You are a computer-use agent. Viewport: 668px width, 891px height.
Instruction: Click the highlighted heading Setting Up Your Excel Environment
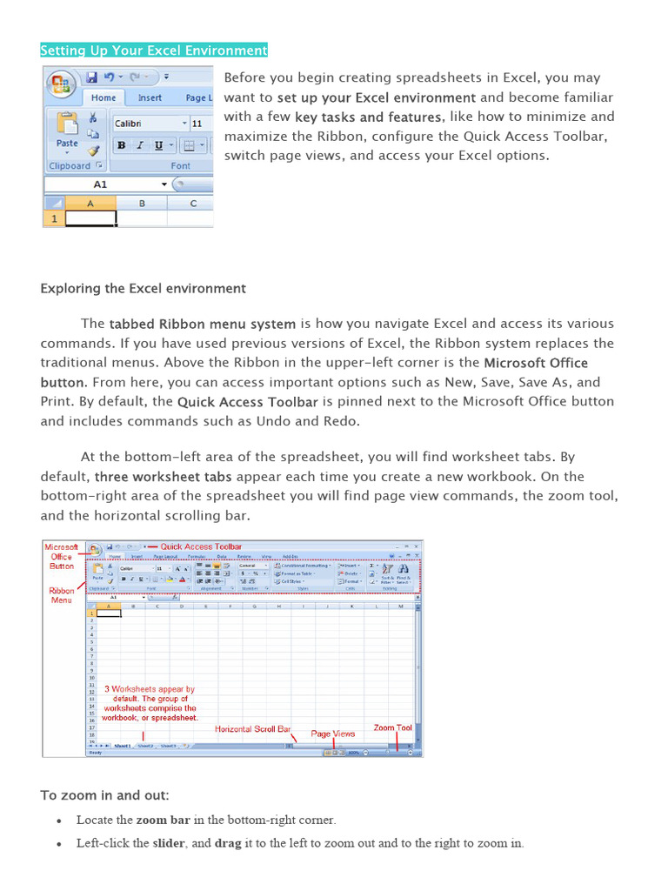pos(154,50)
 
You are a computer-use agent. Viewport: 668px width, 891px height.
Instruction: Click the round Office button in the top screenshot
pos(61,84)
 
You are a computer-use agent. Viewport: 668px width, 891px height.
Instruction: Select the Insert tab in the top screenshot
pos(150,98)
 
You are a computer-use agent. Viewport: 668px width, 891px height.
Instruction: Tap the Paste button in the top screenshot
pos(67,131)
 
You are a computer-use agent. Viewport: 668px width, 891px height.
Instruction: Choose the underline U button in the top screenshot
pos(158,145)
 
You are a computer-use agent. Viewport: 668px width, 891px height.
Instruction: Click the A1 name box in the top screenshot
pos(101,184)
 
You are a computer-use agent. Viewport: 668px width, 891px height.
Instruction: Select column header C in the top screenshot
pos(193,204)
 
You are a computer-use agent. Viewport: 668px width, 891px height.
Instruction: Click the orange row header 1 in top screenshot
pos(53,219)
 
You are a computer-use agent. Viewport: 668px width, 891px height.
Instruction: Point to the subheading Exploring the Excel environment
pos(144,289)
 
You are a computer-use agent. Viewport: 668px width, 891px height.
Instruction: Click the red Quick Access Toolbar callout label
pos(201,546)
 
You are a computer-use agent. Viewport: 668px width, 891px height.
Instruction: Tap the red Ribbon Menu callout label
pos(62,595)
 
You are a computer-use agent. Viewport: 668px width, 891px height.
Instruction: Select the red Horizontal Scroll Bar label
pos(252,728)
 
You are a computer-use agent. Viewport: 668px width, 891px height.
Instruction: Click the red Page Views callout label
pos(333,734)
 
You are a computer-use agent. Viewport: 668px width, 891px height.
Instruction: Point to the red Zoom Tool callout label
pos(392,727)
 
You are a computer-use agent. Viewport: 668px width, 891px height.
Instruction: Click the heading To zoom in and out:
pos(105,795)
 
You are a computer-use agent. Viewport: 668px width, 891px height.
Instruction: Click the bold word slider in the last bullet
pos(169,843)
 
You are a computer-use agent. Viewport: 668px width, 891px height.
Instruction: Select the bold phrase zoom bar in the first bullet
pos(163,820)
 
